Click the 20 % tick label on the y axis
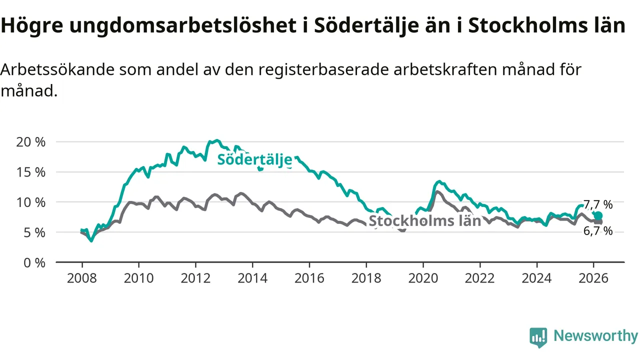tap(31, 141)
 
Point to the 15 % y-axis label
tap(31, 171)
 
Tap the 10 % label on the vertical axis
tap(31, 202)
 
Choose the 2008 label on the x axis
tap(81, 277)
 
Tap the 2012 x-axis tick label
tap(195, 277)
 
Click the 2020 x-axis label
tap(423, 277)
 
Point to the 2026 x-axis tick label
tap(593, 277)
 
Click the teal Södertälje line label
tap(254, 160)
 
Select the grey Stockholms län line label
tap(424, 221)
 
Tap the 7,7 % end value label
tap(598, 204)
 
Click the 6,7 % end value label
tap(598, 231)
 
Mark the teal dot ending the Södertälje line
tap(598, 216)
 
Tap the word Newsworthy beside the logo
tap(595, 336)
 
